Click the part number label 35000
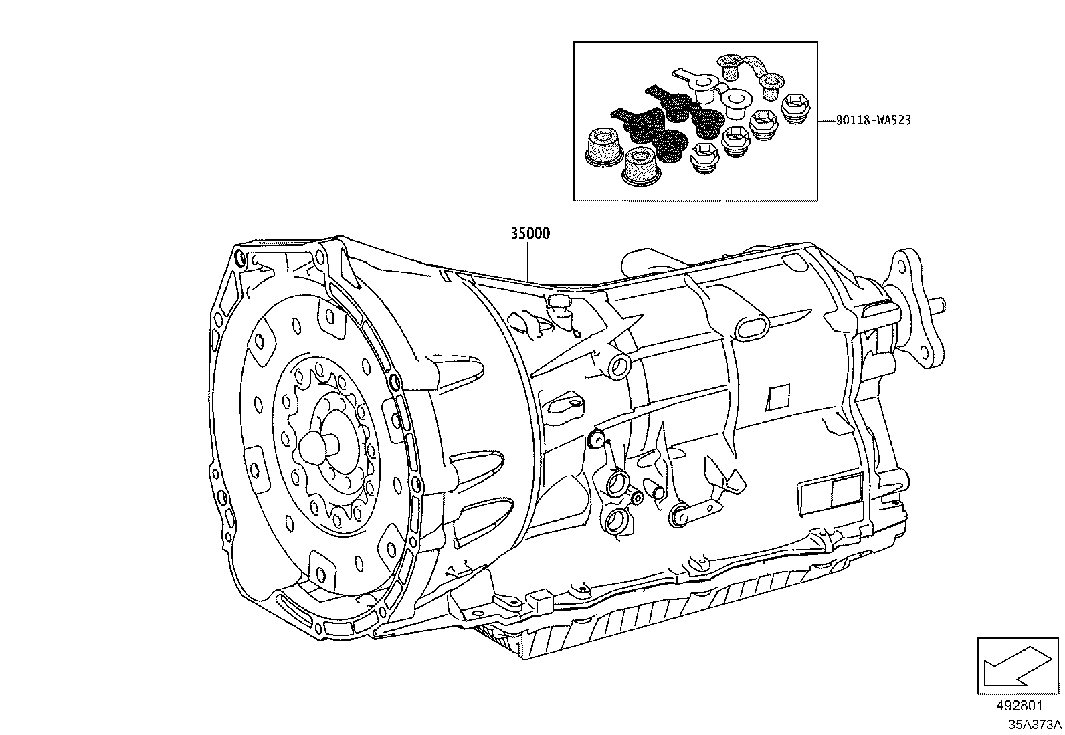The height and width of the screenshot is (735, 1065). coord(530,233)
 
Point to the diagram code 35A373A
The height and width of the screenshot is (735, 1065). coord(1035,724)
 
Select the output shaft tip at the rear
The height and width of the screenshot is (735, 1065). coord(939,305)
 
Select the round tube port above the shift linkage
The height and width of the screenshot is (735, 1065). coord(619,365)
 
